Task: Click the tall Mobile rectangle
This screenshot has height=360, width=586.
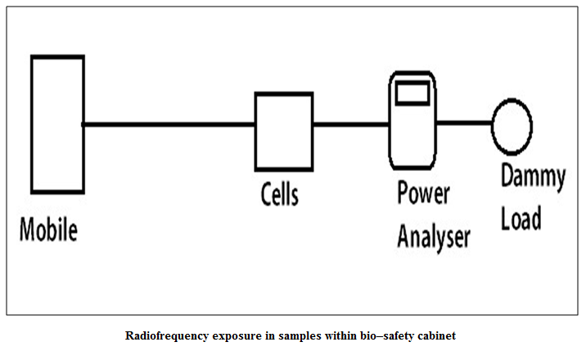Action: (x=32, y=124)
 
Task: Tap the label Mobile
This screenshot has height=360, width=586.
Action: (x=48, y=230)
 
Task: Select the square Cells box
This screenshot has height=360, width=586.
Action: (x=256, y=132)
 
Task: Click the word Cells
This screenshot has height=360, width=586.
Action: (x=280, y=194)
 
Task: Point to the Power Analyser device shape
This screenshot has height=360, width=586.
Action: (x=390, y=120)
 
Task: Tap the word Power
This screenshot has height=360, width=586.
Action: (x=423, y=192)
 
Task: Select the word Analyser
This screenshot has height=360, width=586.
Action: (x=434, y=237)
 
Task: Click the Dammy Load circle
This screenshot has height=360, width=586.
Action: (x=493, y=126)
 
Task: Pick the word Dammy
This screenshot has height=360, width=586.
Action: (x=534, y=177)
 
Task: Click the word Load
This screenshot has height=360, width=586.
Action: (x=521, y=218)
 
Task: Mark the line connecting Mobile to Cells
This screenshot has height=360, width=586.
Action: (x=169, y=124)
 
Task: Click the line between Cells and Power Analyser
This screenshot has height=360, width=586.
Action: (x=351, y=124)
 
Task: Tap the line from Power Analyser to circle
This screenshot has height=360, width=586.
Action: (x=464, y=123)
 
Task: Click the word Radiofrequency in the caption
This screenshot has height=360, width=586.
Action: (x=167, y=335)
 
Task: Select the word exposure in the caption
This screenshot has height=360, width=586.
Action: (x=237, y=336)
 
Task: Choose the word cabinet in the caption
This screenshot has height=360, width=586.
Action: (x=436, y=335)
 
